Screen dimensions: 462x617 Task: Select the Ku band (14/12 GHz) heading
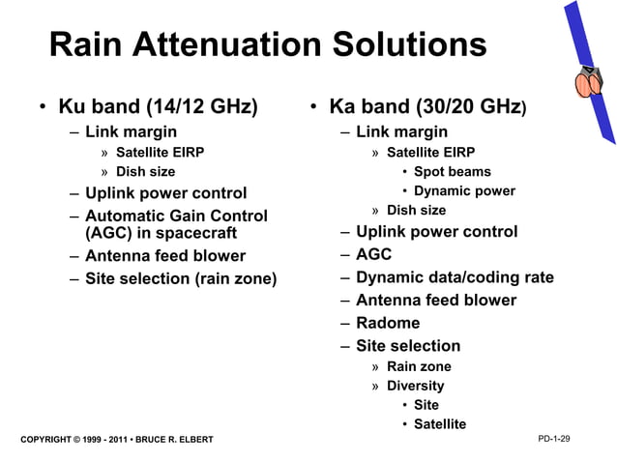click(x=158, y=106)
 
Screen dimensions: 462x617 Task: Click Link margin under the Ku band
click(x=131, y=131)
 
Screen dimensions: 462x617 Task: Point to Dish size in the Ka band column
click(x=416, y=210)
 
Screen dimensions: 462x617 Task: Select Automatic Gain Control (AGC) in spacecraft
click(x=175, y=224)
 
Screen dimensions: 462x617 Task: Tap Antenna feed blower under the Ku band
click(x=164, y=256)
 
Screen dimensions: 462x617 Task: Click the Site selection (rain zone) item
click(x=180, y=279)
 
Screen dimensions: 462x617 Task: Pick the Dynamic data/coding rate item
click(x=455, y=277)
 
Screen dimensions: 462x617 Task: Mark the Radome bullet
click(x=388, y=323)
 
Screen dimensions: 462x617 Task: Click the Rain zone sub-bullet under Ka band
click(x=419, y=366)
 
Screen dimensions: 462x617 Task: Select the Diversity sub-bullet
click(x=415, y=386)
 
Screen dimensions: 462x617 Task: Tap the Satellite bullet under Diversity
click(x=439, y=424)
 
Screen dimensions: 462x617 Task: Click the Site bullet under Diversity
click(x=426, y=405)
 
